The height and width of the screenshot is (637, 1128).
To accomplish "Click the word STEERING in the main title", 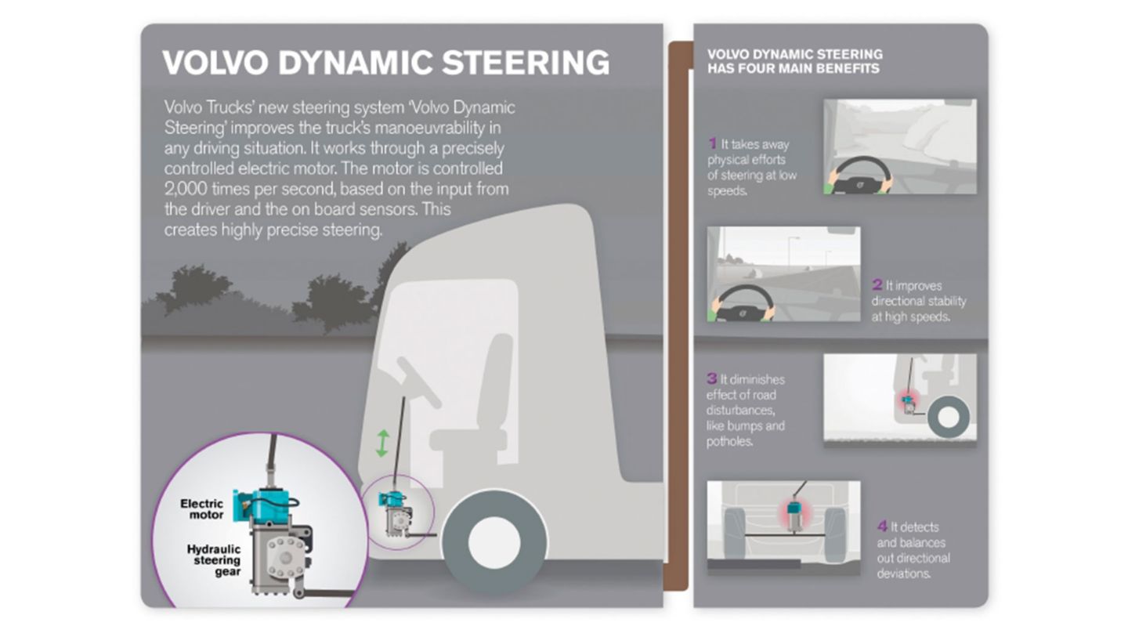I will tap(525, 63).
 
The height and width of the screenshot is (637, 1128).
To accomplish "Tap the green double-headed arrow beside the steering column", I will tap(381, 443).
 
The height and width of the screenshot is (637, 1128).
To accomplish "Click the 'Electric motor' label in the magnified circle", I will tap(202, 509).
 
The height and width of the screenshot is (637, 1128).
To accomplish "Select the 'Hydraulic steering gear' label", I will tap(214, 560).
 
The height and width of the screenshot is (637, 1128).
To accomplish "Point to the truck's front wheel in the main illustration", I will tap(494, 541).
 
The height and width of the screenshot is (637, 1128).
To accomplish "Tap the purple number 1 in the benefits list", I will tap(713, 143).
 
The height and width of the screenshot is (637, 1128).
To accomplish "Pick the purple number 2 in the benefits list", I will tap(877, 285).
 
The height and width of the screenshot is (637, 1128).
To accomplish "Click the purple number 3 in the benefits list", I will tap(712, 379).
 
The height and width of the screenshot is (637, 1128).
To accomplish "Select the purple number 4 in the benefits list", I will tap(882, 527).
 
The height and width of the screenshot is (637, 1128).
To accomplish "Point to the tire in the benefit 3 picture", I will tap(948, 417).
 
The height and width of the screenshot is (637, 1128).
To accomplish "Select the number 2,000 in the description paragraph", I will tap(186, 189).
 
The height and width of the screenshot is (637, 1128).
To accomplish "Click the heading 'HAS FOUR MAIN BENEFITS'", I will tap(793, 69).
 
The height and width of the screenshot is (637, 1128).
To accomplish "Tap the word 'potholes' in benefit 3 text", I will tap(728, 442).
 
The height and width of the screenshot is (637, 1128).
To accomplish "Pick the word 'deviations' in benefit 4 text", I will tap(904, 574).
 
